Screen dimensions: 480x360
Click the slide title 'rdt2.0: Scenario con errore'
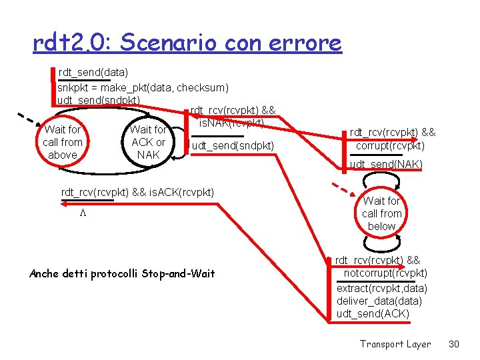(187, 43)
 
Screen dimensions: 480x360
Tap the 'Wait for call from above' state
(63, 143)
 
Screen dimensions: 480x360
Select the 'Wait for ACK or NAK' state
(148, 143)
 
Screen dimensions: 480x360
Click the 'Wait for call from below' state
(382, 213)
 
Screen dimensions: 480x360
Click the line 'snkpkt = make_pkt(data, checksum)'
(143, 87)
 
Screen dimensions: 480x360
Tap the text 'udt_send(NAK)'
(386, 165)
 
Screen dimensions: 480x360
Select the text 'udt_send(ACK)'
(373, 314)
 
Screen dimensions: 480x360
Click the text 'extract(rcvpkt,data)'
(382, 289)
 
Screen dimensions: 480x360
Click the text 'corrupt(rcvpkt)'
(390, 146)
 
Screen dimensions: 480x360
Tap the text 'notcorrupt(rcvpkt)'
(385, 273)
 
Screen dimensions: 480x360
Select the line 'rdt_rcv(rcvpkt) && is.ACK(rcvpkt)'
(137, 193)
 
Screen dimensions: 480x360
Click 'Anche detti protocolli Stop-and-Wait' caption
(123, 274)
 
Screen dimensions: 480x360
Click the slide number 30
(454, 344)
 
